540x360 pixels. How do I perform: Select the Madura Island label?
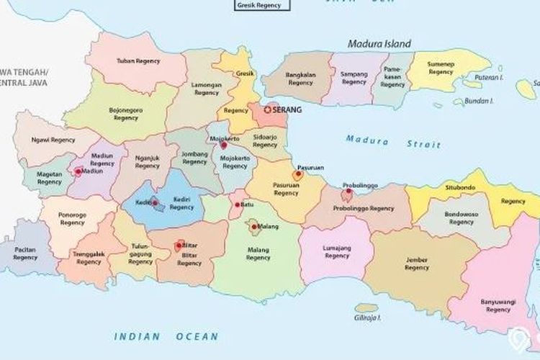coord(379,43)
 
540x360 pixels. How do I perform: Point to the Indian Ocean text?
coord(166,336)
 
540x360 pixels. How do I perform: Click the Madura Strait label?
coord(392,142)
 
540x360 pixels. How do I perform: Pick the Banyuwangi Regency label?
coord(498,305)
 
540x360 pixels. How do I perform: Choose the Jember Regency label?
coord(416,264)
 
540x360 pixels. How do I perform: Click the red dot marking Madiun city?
coord(78,171)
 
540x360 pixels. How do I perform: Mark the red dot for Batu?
coord(238,205)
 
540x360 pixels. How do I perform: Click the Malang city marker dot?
coord(255,227)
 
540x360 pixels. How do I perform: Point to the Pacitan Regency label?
coord(25,253)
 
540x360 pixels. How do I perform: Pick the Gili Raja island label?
coord(367,317)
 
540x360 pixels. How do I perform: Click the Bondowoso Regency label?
coord(462,218)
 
